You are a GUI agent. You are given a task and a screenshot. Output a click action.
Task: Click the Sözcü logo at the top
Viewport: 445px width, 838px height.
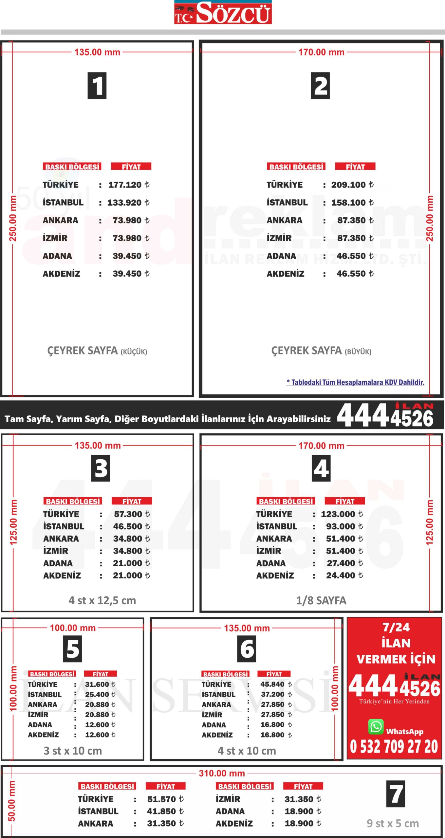(x=223, y=12)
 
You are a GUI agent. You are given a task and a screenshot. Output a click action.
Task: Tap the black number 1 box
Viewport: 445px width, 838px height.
(x=97, y=86)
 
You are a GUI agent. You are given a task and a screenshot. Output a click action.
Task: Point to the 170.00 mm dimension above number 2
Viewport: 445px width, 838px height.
(x=321, y=52)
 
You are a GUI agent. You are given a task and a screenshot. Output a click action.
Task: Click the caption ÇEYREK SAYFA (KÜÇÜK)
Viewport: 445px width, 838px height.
(x=97, y=351)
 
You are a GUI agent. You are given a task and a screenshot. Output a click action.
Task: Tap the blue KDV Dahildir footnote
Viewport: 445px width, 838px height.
(x=355, y=382)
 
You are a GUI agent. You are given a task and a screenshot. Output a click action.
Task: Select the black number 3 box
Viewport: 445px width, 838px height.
(x=101, y=468)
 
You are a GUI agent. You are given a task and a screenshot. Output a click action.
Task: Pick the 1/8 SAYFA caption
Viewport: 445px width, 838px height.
(x=321, y=600)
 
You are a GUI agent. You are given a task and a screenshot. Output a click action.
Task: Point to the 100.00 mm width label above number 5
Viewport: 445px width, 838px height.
(x=73, y=628)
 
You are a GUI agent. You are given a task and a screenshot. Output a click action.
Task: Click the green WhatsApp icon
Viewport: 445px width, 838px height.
(x=376, y=727)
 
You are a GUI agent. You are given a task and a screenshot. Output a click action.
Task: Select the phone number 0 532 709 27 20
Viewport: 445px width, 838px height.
(x=394, y=747)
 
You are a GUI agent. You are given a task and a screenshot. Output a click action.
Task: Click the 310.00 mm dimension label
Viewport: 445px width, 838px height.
(x=222, y=773)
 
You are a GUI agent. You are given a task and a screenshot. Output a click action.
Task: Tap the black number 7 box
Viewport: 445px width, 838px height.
(x=396, y=794)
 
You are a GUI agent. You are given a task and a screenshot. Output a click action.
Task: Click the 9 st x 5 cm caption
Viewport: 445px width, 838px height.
(x=393, y=823)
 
